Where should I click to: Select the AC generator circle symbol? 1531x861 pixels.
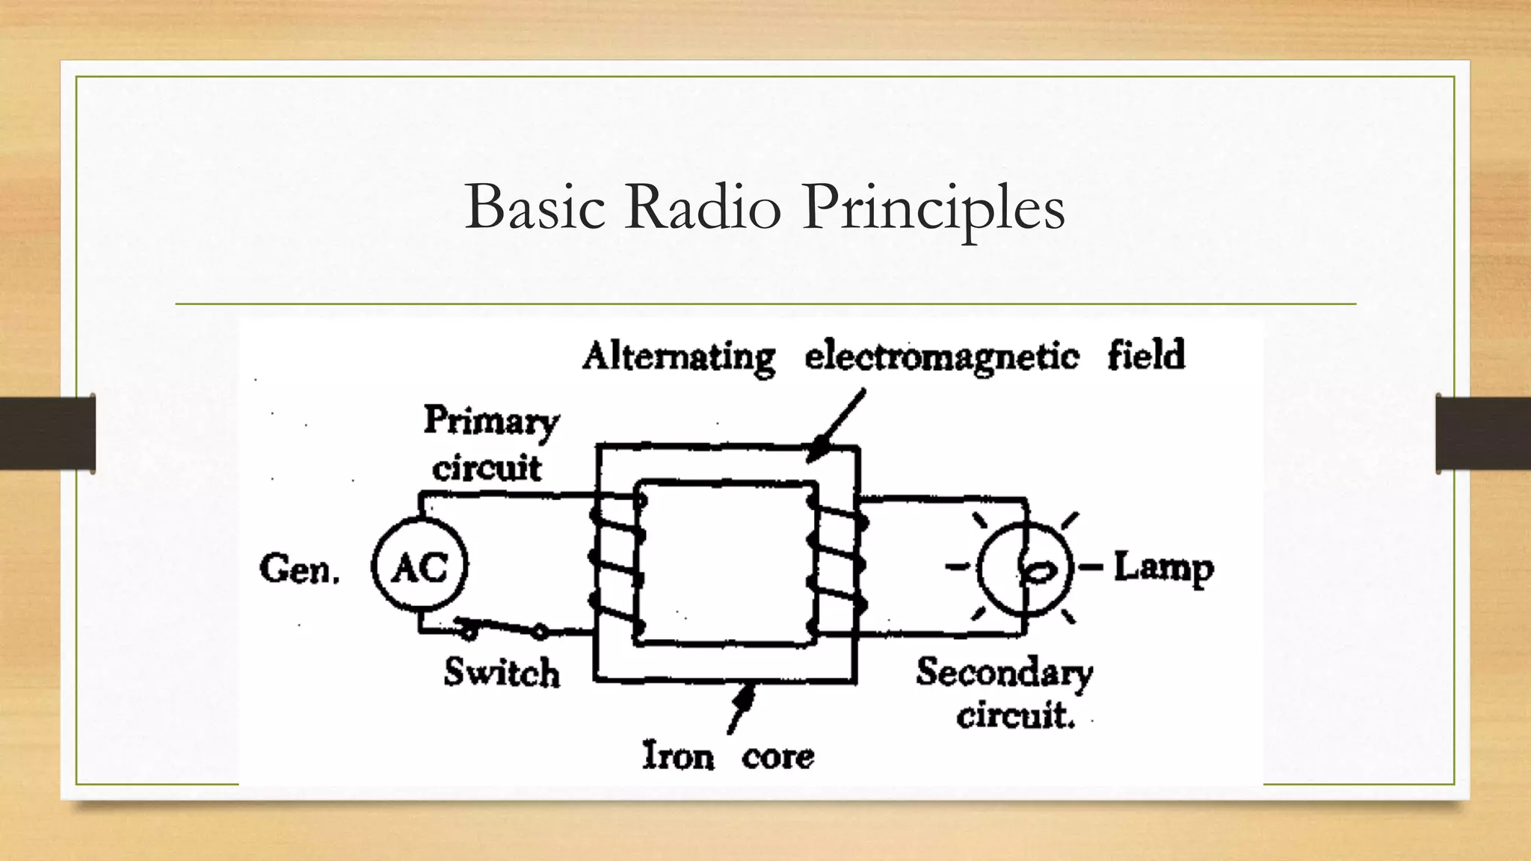419,567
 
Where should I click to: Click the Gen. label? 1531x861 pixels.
299,570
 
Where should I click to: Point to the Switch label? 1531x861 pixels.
502,672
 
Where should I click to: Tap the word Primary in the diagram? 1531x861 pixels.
491,422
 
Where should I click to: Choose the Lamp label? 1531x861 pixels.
1163,568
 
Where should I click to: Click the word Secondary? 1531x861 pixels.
1004,673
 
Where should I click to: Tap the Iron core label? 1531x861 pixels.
728,756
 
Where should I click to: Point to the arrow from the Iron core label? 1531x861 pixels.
741,706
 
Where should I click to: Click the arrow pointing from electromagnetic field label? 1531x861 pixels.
837,426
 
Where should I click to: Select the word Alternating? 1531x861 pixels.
679,357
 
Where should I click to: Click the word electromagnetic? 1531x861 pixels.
942,357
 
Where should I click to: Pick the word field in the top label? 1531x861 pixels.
1146,355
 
